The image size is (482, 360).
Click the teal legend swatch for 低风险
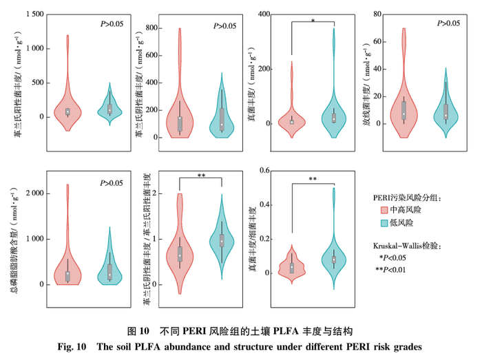coord(386,223)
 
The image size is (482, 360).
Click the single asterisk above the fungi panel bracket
coord(313,21)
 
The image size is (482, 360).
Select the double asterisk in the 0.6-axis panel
coord(313,178)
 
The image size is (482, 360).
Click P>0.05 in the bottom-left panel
coord(112,183)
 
